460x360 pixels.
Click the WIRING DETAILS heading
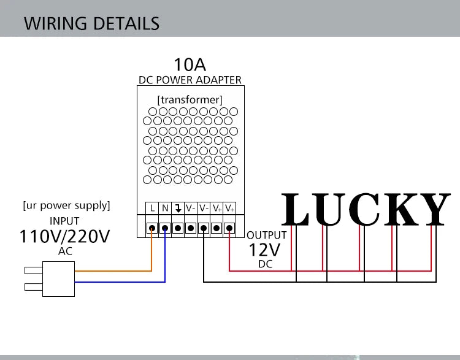(91, 23)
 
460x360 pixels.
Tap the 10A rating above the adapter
(190, 64)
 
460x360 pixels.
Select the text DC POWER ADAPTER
(190, 80)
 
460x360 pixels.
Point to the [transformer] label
(190, 99)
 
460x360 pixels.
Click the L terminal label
(152, 209)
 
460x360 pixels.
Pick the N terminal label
(165, 209)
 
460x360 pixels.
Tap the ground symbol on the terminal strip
(178, 209)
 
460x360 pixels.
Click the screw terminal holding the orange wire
(152, 228)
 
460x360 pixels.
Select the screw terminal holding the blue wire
(165, 228)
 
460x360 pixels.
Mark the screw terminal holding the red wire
(229, 228)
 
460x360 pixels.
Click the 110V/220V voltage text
(64, 236)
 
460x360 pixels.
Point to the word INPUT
(64, 221)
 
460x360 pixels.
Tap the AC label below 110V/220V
(64, 251)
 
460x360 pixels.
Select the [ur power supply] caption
(66, 205)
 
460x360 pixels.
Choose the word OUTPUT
(266, 236)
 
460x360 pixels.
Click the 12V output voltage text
(264, 250)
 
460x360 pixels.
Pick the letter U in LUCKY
(328, 210)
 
